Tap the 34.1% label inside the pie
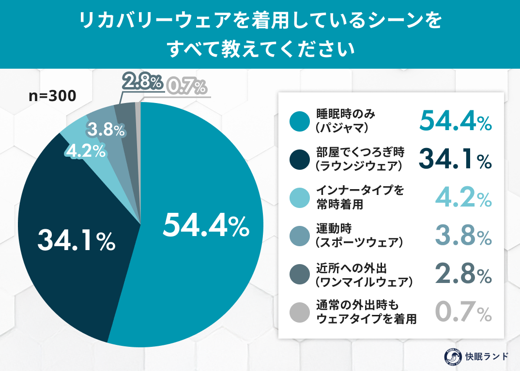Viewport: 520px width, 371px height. tap(76, 239)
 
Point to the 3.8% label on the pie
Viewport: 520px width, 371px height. tap(106, 130)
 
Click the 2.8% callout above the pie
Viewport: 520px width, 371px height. tap(142, 83)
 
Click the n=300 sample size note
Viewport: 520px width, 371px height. tap(52, 96)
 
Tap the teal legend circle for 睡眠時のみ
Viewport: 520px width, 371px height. tap(300, 121)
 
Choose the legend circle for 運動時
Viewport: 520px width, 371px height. tap(300, 236)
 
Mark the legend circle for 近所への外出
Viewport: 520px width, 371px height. tap(300, 274)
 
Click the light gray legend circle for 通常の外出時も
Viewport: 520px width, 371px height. tap(300, 312)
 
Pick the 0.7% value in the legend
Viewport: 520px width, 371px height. tap(463, 312)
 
